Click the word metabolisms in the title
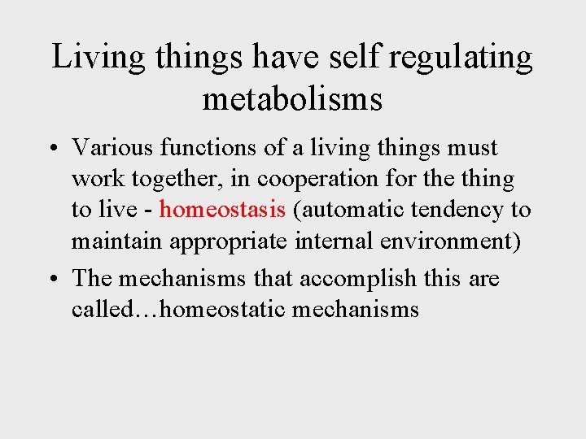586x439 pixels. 292,99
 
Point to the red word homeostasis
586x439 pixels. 222,210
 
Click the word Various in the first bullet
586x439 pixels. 112,148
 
